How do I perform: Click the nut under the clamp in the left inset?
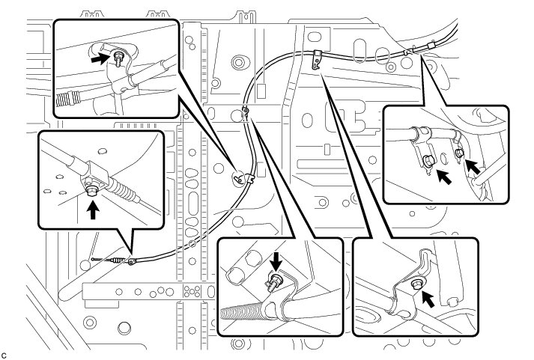[x=91, y=189]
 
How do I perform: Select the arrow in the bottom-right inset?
[x=428, y=298]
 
